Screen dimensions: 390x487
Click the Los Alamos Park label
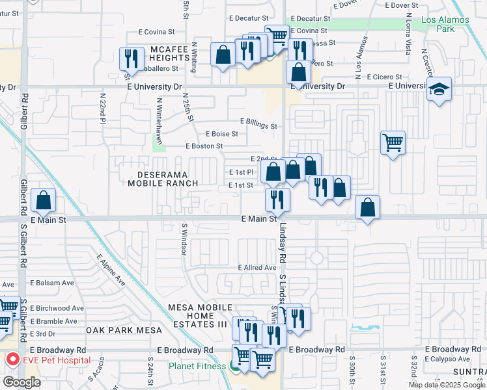[446, 24]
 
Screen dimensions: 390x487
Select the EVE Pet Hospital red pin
[12, 359]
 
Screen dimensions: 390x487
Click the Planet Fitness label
[198, 366]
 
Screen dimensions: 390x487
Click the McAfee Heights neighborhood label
[169, 53]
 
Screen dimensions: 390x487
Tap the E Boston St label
[204, 146]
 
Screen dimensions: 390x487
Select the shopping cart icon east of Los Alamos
[393, 142]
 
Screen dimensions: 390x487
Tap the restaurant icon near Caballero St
[132, 58]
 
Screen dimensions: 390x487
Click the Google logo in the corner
[21, 382]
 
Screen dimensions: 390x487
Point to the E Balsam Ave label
[52, 283]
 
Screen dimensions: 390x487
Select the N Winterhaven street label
[159, 114]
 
